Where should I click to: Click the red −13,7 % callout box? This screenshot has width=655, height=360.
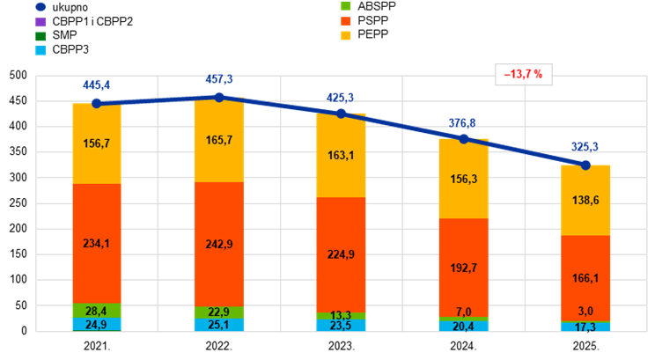click(523, 75)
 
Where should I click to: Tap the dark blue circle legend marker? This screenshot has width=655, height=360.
click(40, 6)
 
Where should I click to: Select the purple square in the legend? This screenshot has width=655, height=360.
click(40, 21)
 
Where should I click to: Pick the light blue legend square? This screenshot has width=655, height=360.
click(40, 50)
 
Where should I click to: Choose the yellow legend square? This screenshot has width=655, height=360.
click(346, 35)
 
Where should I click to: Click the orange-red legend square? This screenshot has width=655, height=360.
click(346, 20)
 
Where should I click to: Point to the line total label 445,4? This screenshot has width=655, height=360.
click(97, 85)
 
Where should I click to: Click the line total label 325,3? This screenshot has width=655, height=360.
click(585, 147)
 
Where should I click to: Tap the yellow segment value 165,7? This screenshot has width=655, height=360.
click(218, 140)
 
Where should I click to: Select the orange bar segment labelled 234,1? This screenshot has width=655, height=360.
click(97, 244)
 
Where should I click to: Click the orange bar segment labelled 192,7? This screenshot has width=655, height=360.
click(463, 268)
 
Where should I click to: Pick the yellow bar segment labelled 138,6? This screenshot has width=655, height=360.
click(585, 201)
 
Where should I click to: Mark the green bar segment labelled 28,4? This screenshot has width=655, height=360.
click(97, 311)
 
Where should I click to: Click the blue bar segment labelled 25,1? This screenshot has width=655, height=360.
click(218, 325)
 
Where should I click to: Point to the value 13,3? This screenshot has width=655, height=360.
click(341, 316)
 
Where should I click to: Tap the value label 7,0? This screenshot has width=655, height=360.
click(463, 312)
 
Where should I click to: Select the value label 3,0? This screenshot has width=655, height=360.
click(585, 311)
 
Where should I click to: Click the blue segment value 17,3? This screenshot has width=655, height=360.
click(585, 327)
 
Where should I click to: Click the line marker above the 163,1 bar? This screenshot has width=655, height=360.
click(341, 114)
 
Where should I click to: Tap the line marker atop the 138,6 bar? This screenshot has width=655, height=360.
click(585, 165)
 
